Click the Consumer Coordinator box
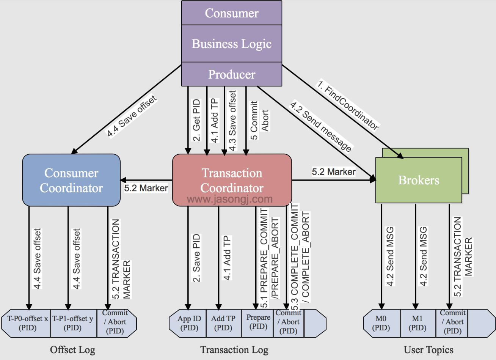click(71, 180)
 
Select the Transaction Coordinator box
click(232, 180)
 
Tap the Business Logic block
click(232, 43)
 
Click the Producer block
click(232, 74)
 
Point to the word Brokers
click(419, 180)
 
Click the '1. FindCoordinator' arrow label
click(348, 105)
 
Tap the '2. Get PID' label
click(196, 120)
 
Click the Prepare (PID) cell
click(257, 323)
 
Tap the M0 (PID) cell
click(382, 323)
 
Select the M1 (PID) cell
click(418, 323)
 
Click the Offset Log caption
click(73, 350)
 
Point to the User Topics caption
click(429, 350)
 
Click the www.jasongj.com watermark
click(230, 199)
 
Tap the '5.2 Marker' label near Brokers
click(334, 172)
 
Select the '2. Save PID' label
click(196, 258)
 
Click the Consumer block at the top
click(232, 13)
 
